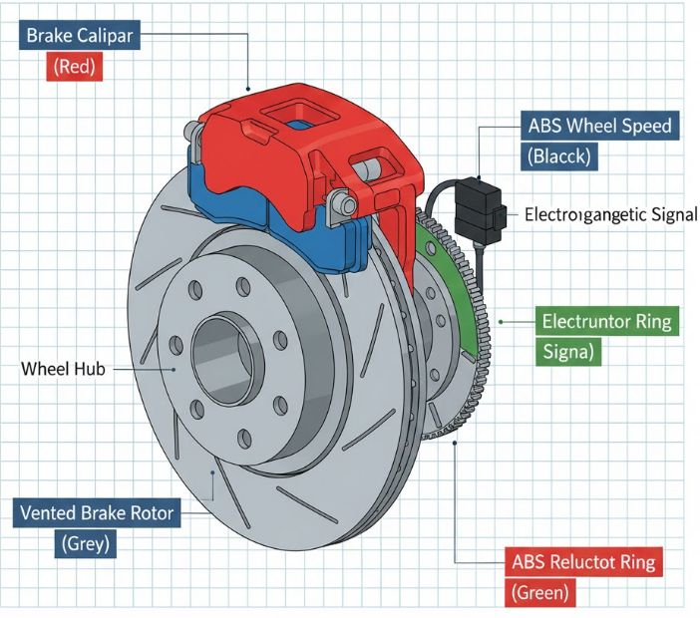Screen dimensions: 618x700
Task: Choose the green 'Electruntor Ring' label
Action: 606,322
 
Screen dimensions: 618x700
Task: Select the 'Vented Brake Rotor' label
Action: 96,514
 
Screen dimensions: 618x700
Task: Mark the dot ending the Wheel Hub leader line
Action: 175,369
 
